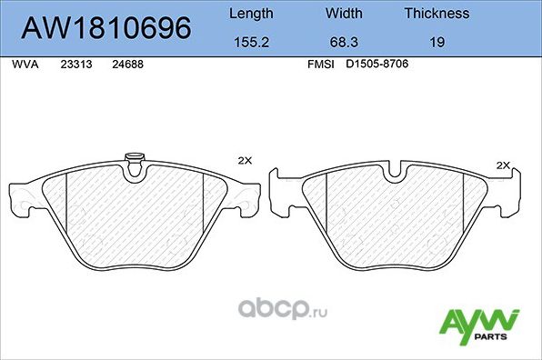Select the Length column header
click(x=249, y=14)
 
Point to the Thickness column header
click(x=437, y=14)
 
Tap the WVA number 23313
click(x=75, y=65)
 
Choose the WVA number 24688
click(x=126, y=65)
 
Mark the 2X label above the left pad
click(x=244, y=161)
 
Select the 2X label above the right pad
click(x=504, y=165)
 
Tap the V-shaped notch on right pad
click(x=395, y=170)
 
